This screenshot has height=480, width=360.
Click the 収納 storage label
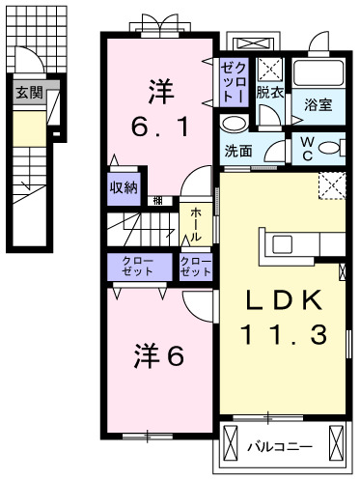[x=122, y=188]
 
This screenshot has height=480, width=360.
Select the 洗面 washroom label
[x=238, y=151]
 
